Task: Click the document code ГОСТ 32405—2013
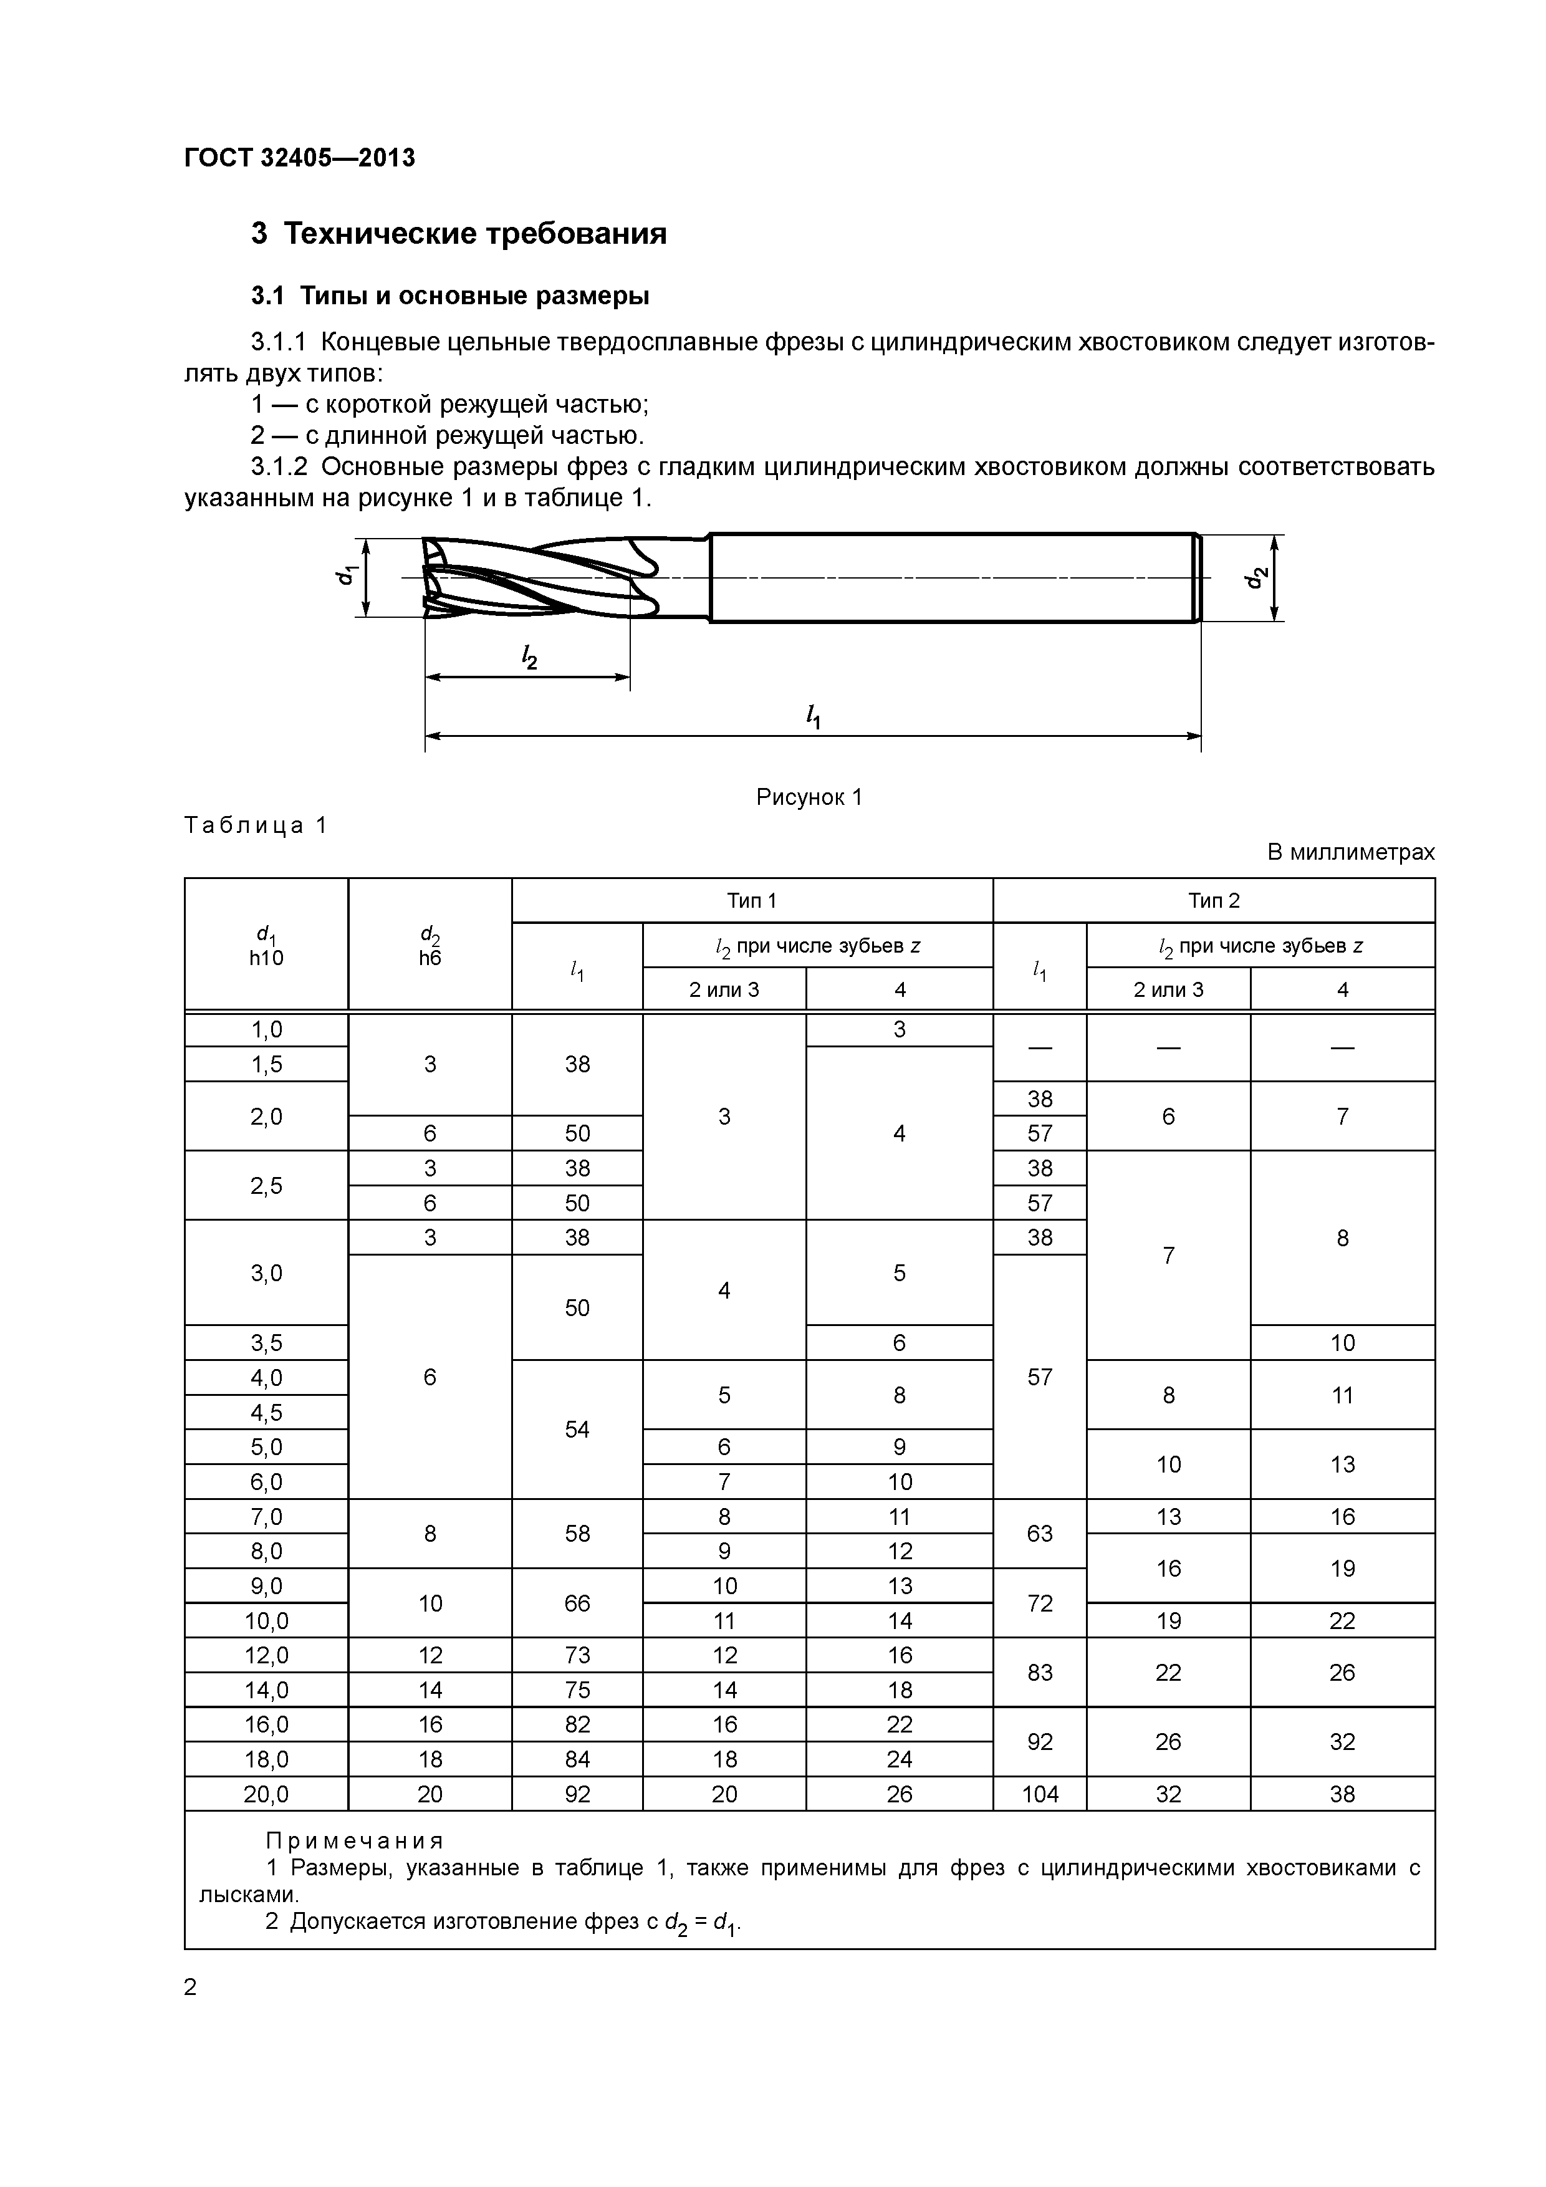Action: point(299,158)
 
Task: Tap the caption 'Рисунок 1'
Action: point(809,797)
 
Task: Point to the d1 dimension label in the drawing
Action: point(345,575)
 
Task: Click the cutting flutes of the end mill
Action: point(534,577)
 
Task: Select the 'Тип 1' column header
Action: point(752,900)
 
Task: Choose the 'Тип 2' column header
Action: point(1214,900)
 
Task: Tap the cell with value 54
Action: point(577,1430)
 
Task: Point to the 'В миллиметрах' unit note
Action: point(1350,852)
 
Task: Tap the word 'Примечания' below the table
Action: point(354,1840)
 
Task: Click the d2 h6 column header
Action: point(430,945)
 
